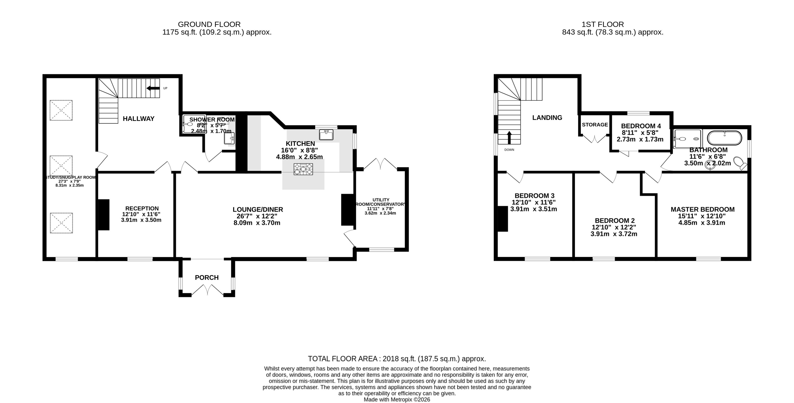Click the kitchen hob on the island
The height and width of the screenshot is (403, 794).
(x=303, y=169)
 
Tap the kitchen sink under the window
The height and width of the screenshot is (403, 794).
(x=326, y=135)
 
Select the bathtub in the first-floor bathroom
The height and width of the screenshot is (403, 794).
(x=724, y=138)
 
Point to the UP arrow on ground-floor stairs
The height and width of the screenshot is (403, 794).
(x=153, y=88)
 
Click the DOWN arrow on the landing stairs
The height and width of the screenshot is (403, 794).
(x=509, y=138)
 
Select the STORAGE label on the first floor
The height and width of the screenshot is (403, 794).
(x=595, y=125)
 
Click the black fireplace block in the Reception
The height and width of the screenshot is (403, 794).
(x=104, y=215)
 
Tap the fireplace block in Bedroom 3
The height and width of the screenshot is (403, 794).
(x=503, y=219)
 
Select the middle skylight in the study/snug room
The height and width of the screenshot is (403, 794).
(x=61, y=166)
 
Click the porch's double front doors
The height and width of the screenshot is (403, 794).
(x=207, y=291)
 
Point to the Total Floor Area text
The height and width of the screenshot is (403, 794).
(x=397, y=359)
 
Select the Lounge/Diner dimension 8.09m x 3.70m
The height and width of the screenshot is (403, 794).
(x=257, y=223)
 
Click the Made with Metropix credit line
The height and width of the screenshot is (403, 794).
(x=397, y=400)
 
